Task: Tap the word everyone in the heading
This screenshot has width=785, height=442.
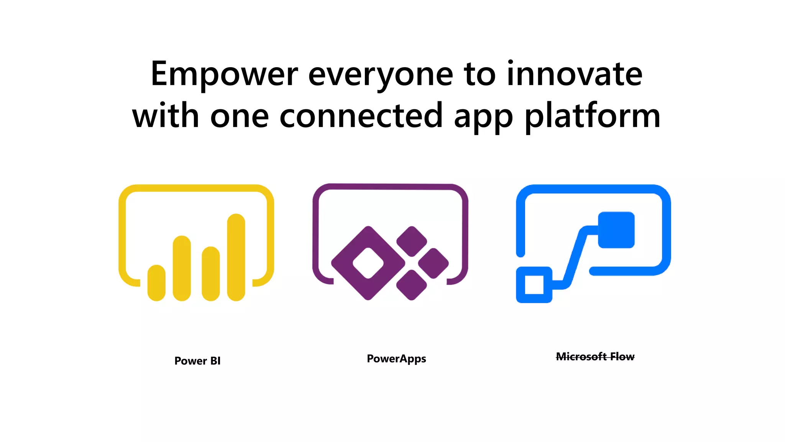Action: [x=381, y=75]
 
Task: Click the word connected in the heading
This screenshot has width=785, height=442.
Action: [x=361, y=116]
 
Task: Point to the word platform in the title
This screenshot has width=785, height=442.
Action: [x=592, y=116]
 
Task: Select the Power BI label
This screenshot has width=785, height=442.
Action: [x=197, y=361]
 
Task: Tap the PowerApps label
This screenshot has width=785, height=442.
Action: [x=396, y=359]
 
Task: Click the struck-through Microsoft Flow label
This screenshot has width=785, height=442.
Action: [x=595, y=357]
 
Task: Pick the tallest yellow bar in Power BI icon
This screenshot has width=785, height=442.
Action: [x=236, y=257]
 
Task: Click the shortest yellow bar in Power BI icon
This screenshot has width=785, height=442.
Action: [x=156, y=283]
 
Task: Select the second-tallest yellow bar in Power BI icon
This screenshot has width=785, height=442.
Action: [x=182, y=268]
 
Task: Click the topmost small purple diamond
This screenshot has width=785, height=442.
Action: [x=412, y=241]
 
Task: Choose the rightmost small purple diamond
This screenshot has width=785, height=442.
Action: [x=433, y=263]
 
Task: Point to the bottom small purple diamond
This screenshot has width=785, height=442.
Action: [x=412, y=285]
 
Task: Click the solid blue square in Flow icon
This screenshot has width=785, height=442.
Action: [x=616, y=230]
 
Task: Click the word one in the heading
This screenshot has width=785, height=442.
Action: [x=240, y=116]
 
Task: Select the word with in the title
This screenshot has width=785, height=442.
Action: [x=166, y=116]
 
